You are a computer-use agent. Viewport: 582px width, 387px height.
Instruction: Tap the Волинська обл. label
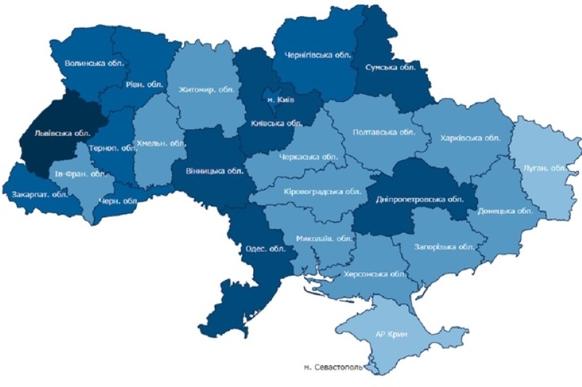pyautogui.click(x=95, y=63)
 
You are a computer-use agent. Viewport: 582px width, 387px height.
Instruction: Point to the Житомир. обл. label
pyautogui.click(x=205, y=90)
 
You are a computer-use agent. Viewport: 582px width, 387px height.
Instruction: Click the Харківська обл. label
pyautogui.click(x=470, y=137)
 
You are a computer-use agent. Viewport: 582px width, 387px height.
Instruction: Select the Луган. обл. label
pyautogui.click(x=545, y=168)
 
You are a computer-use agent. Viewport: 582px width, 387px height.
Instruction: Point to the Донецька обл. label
pyautogui.click(x=504, y=212)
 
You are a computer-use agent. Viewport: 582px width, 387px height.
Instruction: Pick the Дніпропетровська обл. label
pyautogui.click(x=420, y=199)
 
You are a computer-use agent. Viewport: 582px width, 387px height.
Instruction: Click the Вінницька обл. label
pyautogui.click(x=215, y=172)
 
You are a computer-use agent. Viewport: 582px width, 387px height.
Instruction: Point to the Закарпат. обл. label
pyautogui.click(x=36, y=195)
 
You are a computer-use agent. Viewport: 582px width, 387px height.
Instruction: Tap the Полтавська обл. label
pyautogui.click(x=383, y=132)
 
